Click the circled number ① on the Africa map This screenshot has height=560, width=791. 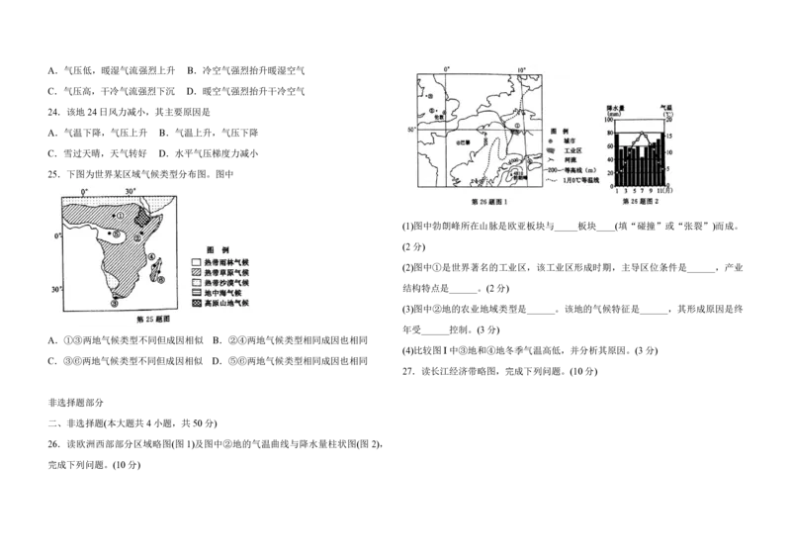click(121, 215)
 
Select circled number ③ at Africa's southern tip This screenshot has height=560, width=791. click(115, 303)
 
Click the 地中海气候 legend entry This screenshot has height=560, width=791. click(220, 294)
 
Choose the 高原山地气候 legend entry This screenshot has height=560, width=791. click(220, 305)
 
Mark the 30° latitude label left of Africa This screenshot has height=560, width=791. click(56, 289)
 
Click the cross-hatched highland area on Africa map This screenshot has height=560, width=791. click(143, 215)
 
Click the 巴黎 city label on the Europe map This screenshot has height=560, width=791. click(462, 141)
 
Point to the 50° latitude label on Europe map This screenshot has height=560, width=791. click(401, 130)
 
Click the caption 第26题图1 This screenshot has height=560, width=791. click(490, 202)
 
